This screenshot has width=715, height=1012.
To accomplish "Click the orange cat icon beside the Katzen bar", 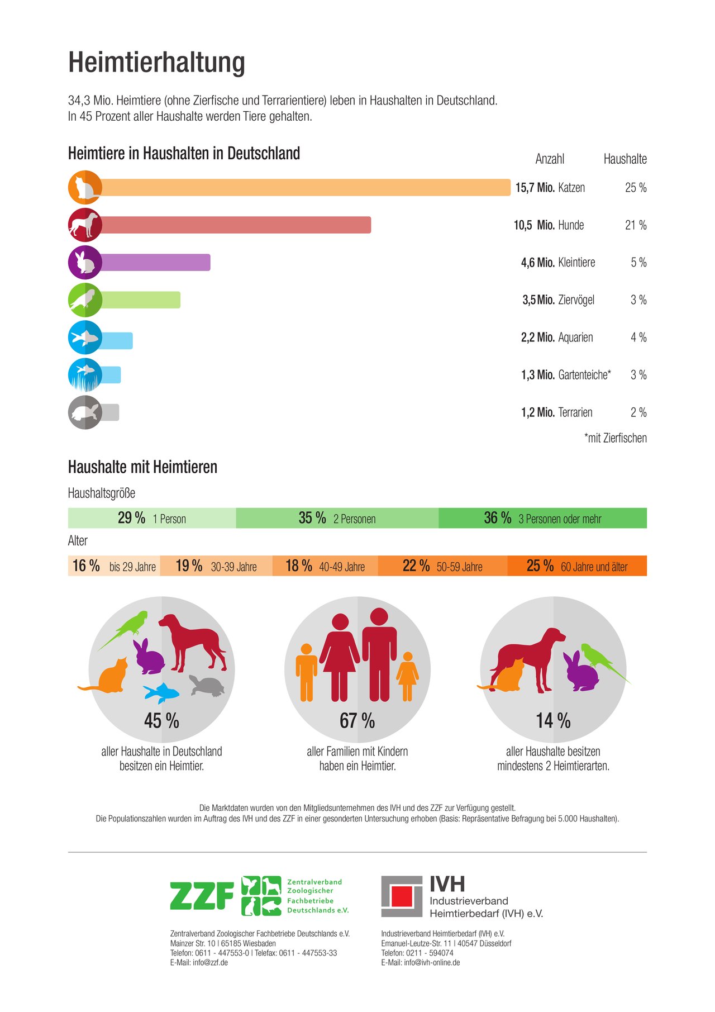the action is coord(85,187).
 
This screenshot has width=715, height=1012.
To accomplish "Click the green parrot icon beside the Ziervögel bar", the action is coord(85,300).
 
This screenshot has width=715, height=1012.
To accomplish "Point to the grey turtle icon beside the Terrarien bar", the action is coord(85,412).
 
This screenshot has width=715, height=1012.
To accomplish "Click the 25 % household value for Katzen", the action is coord(636,188).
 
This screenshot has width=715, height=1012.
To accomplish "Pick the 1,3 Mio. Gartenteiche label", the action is coord(566,375).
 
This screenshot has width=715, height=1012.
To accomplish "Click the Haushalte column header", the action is coord(625,159).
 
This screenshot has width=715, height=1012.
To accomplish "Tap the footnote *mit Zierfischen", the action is coord(616,438).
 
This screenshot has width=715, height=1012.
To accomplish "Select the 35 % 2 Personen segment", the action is coord(337,518).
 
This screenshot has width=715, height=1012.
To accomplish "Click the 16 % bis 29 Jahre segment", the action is coord(114,566).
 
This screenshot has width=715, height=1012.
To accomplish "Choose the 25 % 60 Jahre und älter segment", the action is coord(577,566).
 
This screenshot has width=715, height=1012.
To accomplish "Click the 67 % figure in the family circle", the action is coord(357,721).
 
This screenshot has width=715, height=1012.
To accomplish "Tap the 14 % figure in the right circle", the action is coord(554,721).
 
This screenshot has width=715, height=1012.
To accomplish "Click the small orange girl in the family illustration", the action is coord(407,676).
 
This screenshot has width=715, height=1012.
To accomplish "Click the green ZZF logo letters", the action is coord(202,896).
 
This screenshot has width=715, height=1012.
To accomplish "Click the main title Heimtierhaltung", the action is coord(156,62).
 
